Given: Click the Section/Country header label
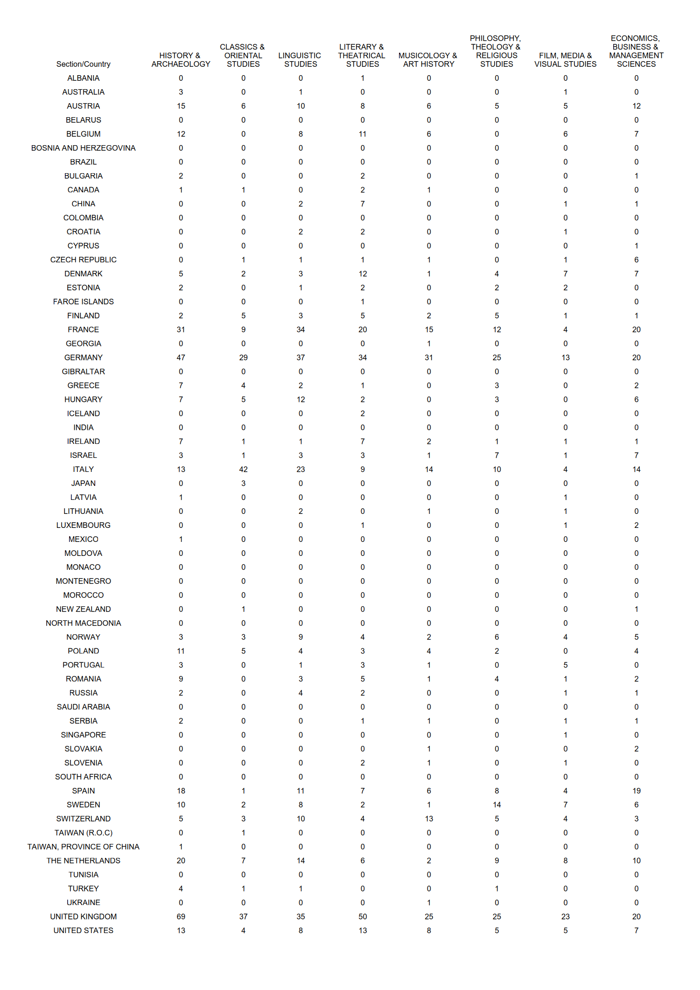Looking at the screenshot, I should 83,64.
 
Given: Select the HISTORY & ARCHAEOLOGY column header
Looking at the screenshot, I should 181,60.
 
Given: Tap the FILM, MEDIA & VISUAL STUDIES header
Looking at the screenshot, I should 565,60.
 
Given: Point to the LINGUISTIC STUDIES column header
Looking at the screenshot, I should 300,60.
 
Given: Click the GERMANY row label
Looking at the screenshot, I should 83,358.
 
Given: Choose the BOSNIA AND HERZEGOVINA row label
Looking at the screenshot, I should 83,148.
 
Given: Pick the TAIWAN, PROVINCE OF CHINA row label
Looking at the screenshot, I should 83,847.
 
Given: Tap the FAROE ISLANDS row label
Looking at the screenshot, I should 83,302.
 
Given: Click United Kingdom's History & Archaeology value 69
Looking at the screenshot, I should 181,917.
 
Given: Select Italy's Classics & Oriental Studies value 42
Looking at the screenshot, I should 243,470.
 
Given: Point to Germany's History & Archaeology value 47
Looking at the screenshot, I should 181,358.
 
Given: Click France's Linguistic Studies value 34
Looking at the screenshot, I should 301,330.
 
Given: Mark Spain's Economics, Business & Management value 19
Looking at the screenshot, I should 636,791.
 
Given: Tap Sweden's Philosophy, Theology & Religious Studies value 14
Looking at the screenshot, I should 497,805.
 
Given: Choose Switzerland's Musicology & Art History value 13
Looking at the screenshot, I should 428,819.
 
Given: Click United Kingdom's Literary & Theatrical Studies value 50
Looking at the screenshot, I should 363,917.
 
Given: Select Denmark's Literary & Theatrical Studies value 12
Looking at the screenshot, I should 363,274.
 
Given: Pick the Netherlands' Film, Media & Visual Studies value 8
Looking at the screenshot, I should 565,861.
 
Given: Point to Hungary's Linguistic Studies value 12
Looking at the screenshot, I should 301,400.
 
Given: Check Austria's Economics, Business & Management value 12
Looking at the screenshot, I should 636,106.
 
